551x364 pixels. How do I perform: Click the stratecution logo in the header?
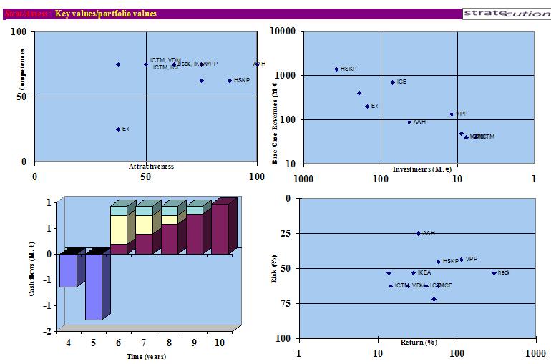point(505,14)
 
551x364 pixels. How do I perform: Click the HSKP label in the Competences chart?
point(242,81)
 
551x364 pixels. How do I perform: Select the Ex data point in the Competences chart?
point(118,129)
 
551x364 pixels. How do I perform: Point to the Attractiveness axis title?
point(151,167)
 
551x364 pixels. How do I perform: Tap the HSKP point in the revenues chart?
point(336,69)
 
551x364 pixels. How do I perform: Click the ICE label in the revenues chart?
point(401,82)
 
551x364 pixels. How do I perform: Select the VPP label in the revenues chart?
point(461,114)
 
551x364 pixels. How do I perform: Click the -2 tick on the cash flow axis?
point(47,332)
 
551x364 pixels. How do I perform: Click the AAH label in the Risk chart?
point(429,233)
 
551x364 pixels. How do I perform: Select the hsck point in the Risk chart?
point(494,272)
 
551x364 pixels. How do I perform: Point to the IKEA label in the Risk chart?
point(424,273)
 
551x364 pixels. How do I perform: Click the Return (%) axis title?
point(418,343)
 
